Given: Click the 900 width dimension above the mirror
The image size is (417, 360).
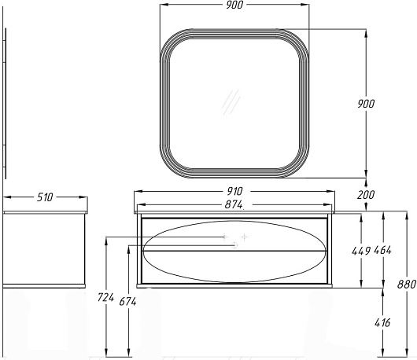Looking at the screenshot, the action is coord(234,5).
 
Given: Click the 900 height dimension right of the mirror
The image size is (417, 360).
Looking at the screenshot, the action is coord(366,104).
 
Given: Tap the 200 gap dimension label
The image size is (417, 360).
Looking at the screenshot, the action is coord(366,195).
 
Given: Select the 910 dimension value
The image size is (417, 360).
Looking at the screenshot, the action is coord(234,191).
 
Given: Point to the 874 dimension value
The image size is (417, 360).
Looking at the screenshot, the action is coord(234,204).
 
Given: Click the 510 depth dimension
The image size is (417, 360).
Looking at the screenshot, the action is coord(45,197).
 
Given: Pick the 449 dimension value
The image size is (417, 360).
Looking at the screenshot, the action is coord(361,251).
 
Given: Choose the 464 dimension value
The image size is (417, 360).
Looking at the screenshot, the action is coord(382,250).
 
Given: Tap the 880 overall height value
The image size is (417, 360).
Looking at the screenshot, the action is coord(407,285).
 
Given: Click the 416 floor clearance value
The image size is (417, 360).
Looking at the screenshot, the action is coord(382,323).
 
